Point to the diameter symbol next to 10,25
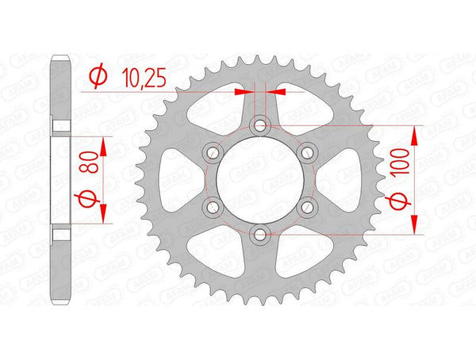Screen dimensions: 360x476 point(99,76)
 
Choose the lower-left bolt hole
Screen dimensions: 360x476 point(213,206)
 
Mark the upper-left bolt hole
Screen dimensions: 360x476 point(213,152)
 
